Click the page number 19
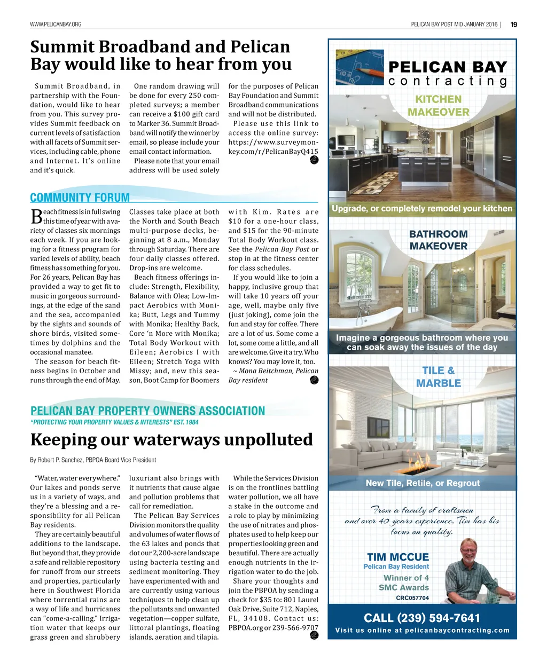[513, 24]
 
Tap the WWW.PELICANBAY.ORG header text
[56, 24]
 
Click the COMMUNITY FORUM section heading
[80, 198]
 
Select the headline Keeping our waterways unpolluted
[171, 439]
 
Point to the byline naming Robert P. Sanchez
[93, 460]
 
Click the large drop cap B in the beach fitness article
[36, 217]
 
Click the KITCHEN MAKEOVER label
[439, 106]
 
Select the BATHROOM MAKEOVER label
[439, 240]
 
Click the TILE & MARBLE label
[439, 376]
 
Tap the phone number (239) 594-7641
[422, 618]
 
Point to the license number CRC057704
[412, 598]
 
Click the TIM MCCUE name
[398, 557]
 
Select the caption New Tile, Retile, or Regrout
[423, 483]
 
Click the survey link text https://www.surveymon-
[273, 142]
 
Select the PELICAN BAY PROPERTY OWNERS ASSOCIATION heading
[148, 411]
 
